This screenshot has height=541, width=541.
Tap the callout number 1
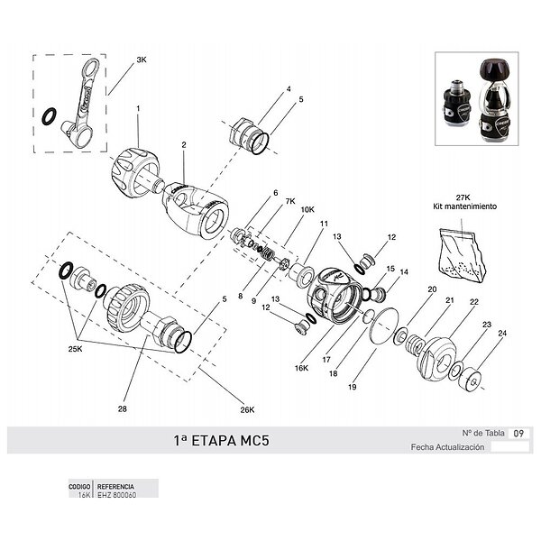pos(138,108)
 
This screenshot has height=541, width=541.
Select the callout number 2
pos(183,144)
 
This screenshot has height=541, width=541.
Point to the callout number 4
pos(289,89)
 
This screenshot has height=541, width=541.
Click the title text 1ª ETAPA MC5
pos(221,442)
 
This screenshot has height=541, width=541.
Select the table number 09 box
pos(518,433)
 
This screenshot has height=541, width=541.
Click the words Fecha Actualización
pos(447,446)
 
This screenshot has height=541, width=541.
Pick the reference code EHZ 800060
pos(115,494)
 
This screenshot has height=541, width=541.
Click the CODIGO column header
pos(80,486)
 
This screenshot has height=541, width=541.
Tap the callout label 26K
pos(248,410)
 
